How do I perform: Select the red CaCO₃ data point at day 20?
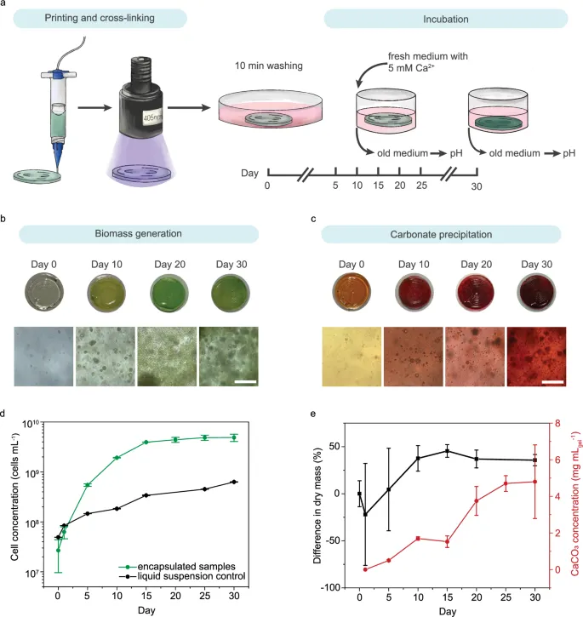(x=476, y=500)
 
